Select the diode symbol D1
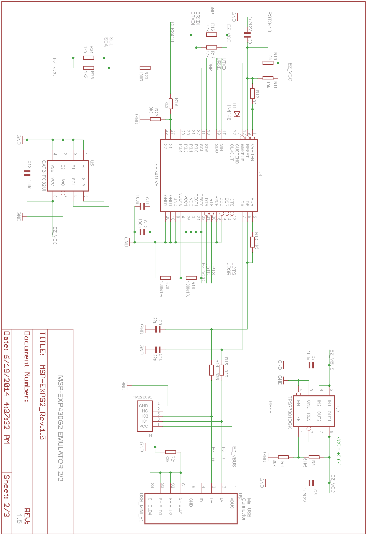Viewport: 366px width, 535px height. (237, 114)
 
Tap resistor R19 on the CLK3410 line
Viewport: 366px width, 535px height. (171, 103)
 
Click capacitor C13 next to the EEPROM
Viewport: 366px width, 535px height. (27, 173)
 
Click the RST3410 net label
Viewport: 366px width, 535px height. (269, 22)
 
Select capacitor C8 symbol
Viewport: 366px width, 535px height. (247, 35)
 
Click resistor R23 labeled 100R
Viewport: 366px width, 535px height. (145, 68)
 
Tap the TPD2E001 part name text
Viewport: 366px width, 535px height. (142, 397)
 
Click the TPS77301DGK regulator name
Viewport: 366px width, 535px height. (290, 412)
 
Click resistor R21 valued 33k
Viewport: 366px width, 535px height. (171, 452)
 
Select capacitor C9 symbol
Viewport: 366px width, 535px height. (157, 329)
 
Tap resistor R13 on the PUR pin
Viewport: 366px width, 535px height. (252, 242)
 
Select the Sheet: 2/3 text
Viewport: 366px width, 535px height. (7, 495)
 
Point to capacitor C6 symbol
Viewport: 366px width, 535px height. (311, 483)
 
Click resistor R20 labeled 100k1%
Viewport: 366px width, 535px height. (166, 278)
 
